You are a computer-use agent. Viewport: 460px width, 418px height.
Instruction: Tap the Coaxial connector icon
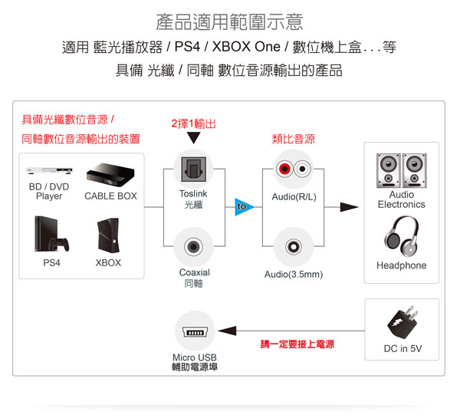[x=193, y=247]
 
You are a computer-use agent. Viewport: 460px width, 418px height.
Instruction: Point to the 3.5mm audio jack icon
[x=294, y=247]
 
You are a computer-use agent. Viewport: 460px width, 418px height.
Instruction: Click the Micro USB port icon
[x=193, y=331]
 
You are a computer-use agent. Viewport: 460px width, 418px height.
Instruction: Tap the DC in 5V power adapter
[x=402, y=323]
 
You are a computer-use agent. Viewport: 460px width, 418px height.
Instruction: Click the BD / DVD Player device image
[x=48, y=170]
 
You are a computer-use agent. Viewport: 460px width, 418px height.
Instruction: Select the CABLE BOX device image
[x=110, y=173]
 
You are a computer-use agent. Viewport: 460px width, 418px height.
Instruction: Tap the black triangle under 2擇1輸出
[x=193, y=139]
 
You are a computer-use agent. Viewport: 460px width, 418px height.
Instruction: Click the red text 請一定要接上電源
[x=297, y=345]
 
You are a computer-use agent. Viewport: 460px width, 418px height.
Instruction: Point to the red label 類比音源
[x=294, y=140]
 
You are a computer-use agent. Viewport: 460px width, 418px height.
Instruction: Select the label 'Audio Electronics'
[x=401, y=199]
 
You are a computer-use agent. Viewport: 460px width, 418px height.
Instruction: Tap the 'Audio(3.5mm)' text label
[x=294, y=275]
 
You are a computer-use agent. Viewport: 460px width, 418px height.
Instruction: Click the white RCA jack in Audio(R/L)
[x=304, y=169]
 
